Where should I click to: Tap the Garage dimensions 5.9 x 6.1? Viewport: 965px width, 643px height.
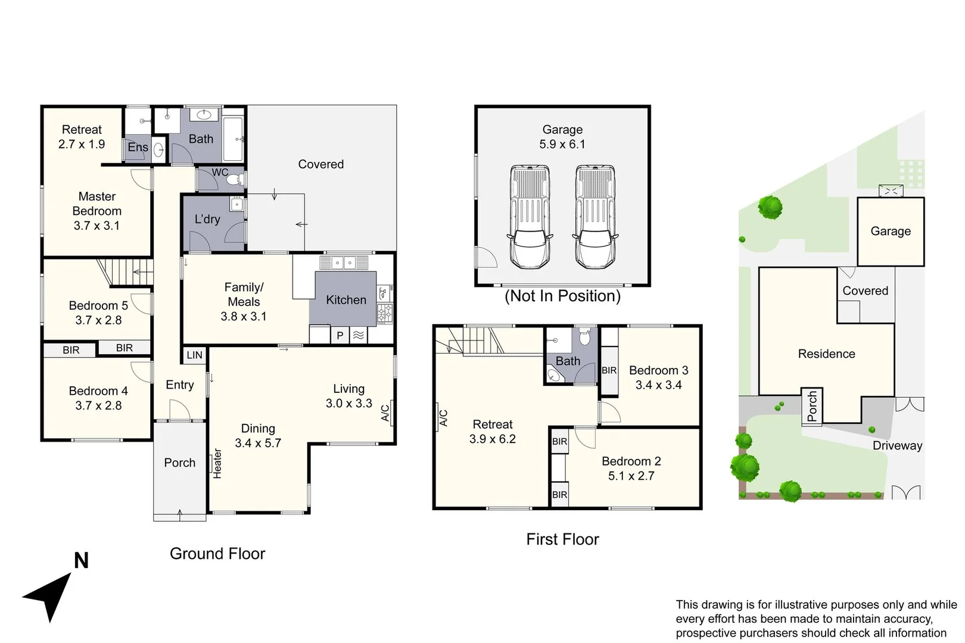(x=562, y=144)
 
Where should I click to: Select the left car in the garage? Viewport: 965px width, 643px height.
(x=530, y=217)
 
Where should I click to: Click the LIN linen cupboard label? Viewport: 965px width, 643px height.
(x=195, y=355)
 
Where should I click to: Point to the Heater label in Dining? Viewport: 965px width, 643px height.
(x=217, y=464)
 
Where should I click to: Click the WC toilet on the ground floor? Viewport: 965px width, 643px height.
(x=234, y=179)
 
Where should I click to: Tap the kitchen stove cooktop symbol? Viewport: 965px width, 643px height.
(x=385, y=313)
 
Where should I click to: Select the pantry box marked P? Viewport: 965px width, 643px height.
(x=340, y=335)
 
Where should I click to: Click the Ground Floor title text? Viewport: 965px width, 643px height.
(x=217, y=554)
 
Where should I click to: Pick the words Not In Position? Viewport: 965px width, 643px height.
(x=562, y=296)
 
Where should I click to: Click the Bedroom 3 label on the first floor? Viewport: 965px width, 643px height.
(x=658, y=370)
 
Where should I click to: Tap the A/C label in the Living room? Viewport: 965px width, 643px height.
(x=385, y=413)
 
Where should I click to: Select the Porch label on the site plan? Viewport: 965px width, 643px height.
(x=812, y=406)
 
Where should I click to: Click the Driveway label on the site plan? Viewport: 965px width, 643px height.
(x=897, y=445)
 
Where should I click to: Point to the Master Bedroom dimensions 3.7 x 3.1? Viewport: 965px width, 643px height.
(x=96, y=226)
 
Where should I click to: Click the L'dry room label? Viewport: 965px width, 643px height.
(x=207, y=219)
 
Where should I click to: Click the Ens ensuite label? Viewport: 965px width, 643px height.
(x=138, y=147)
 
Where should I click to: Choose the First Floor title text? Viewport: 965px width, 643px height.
(x=562, y=539)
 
